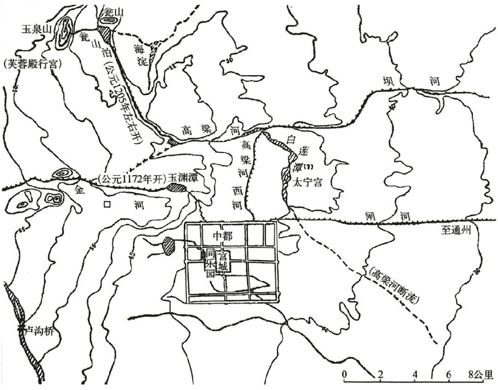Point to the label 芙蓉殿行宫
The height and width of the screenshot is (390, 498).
[x=31, y=65]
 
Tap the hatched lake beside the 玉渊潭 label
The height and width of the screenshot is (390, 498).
[x=174, y=187]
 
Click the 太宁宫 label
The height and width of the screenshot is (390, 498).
[x=307, y=183]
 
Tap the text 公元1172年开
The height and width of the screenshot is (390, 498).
[x=131, y=178]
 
